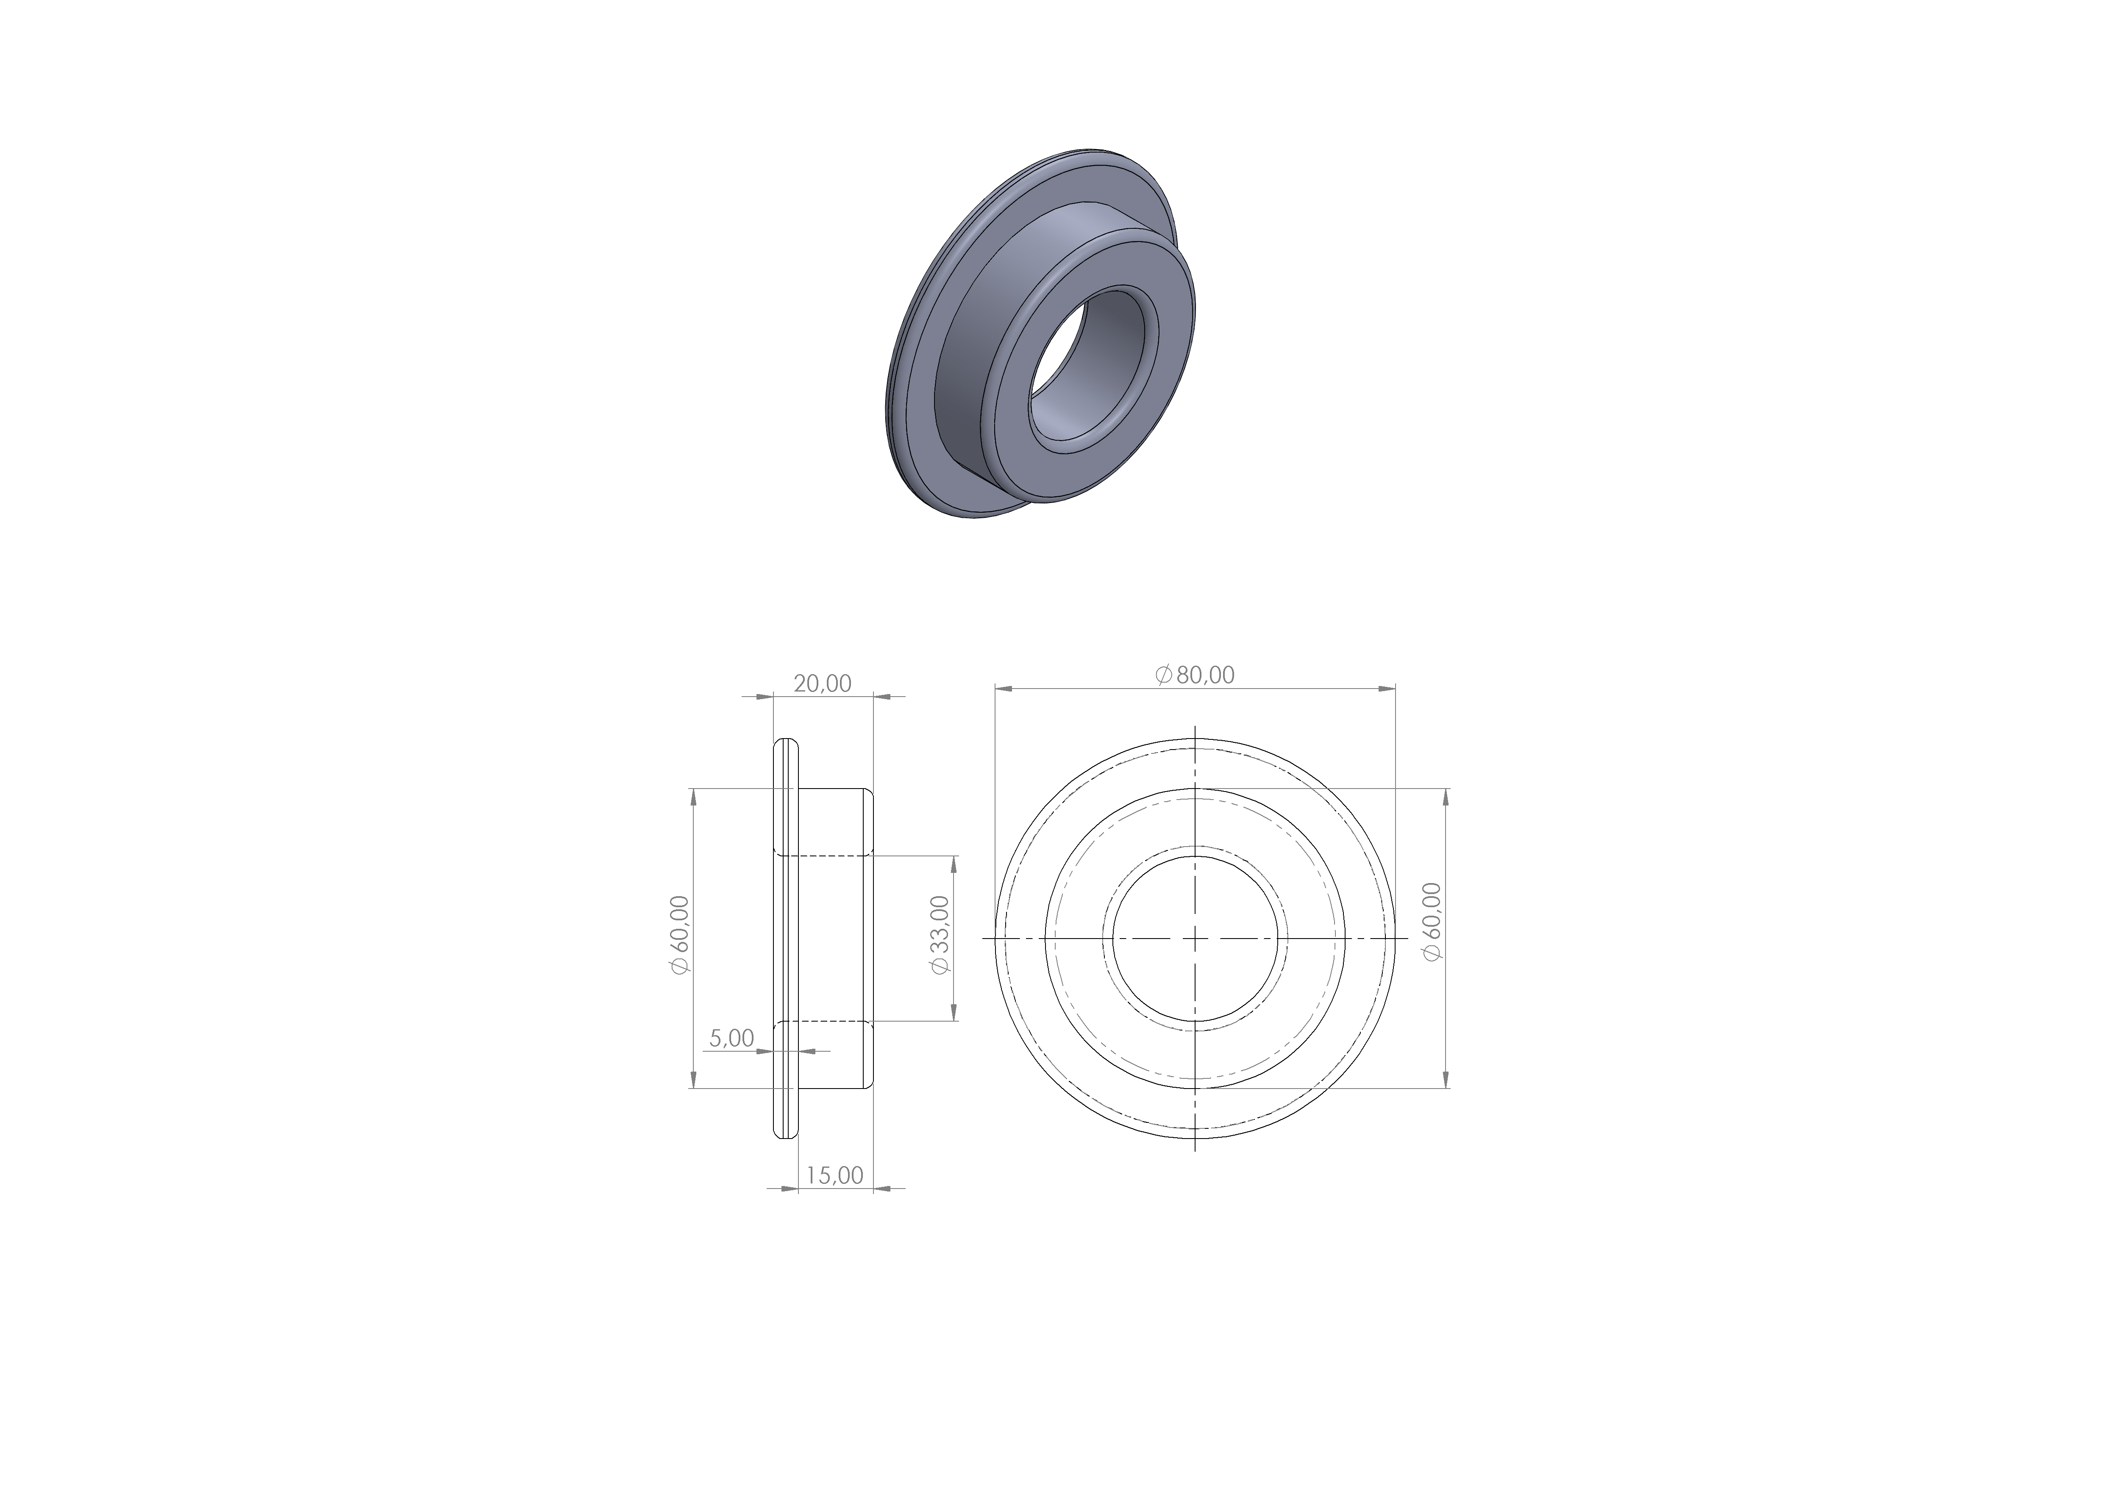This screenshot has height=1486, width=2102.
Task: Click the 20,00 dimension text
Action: click(x=822, y=683)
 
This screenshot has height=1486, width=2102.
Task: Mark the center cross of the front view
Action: click(x=1196, y=938)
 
